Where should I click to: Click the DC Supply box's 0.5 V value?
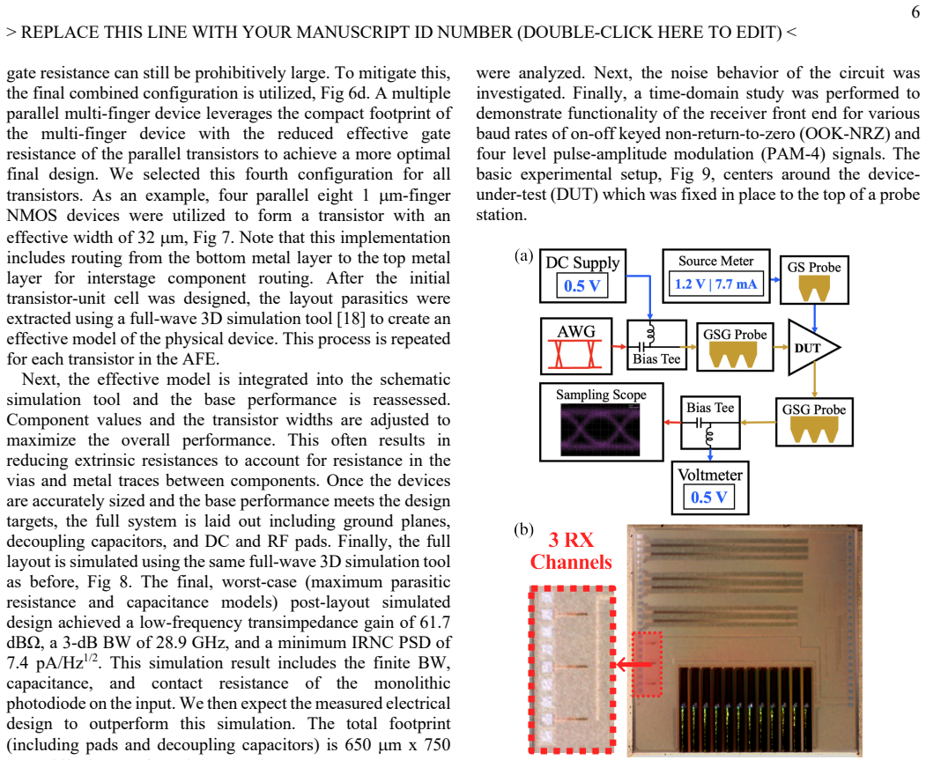pyautogui.click(x=582, y=285)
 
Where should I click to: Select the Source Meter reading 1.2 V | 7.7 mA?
pyautogui.click(x=715, y=284)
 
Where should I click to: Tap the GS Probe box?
pyautogui.click(x=814, y=280)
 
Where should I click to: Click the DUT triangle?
pyautogui.click(x=813, y=348)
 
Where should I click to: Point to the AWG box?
pyautogui.click(x=576, y=346)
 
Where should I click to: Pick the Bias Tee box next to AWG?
pyautogui.click(x=656, y=345)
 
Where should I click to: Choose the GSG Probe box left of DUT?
pyautogui.click(x=735, y=346)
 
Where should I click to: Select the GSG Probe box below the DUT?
pyautogui.click(x=814, y=421)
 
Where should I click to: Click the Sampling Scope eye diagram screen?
pyautogui.click(x=600, y=429)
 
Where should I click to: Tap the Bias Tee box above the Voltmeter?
pyautogui.click(x=710, y=423)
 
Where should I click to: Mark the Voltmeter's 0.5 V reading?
pyautogui.click(x=709, y=497)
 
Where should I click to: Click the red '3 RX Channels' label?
pyautogui.click(x=571, y=550)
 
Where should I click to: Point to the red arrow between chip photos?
pyautogui.click(x=635, y=665)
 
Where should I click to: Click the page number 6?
pyautogui.click(x=915, y=11)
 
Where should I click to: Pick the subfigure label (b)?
pyautogui.click(x=524, y=529)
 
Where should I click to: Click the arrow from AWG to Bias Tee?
pyautogui.click(x=619, y=346)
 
